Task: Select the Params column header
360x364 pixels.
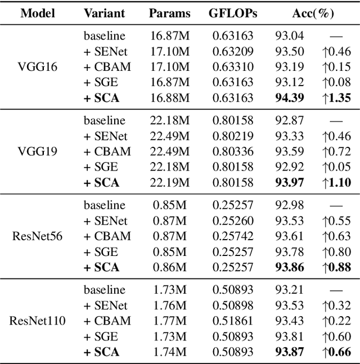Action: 169,13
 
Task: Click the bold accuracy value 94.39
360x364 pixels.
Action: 290,98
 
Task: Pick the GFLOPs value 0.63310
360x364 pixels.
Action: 232,67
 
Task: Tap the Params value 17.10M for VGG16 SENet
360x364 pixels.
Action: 169,52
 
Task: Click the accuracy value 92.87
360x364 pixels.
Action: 290,120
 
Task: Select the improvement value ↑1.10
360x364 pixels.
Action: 336,182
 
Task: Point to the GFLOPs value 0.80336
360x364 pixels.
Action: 232,151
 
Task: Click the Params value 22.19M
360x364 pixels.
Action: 169,182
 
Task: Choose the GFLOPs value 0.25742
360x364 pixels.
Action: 232,236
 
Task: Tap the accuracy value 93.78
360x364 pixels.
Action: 290,251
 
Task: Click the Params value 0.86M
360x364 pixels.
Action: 169,267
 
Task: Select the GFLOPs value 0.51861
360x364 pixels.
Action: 232,321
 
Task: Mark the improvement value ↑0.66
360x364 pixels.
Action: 336,352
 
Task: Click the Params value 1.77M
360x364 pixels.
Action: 169,321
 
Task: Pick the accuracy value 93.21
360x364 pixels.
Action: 290,290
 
